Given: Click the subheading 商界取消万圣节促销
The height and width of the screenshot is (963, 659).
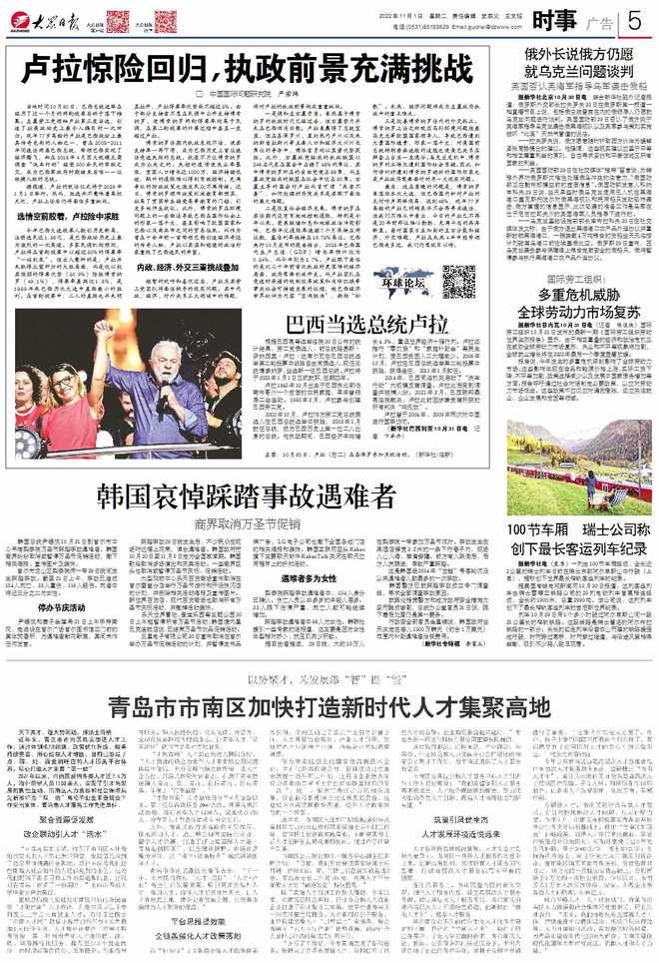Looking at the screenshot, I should click(247, 521).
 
